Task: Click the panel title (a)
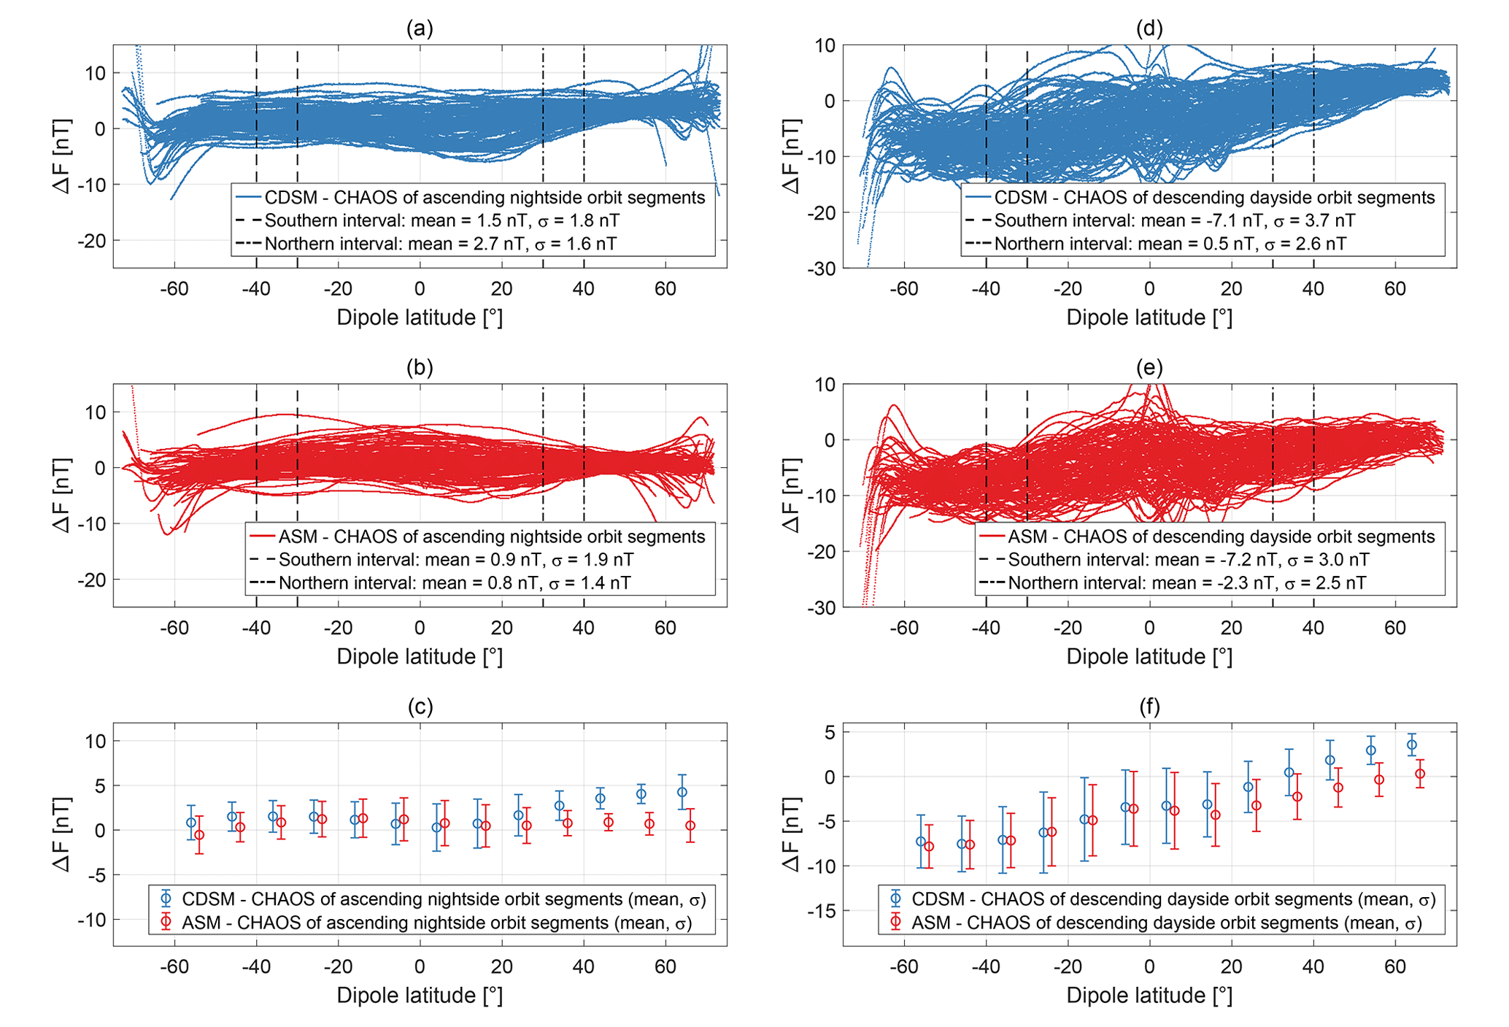pos(420,28)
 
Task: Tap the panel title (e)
pos(1149,368)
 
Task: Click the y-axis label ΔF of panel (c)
pos(63,834)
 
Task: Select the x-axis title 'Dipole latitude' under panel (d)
pos(1149,318)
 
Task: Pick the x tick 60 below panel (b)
pos(665,628)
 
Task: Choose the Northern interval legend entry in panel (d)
pos(1170,244)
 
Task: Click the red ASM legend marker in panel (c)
pos(166,923)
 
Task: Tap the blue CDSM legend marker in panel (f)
pos(896,899)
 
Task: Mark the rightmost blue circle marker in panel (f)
pos(1412,745)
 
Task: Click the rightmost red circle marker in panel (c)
pos(690,826)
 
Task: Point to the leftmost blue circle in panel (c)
pos(191,823)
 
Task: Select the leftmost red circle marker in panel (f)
pos(929,847)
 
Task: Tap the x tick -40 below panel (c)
pos(256,966)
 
